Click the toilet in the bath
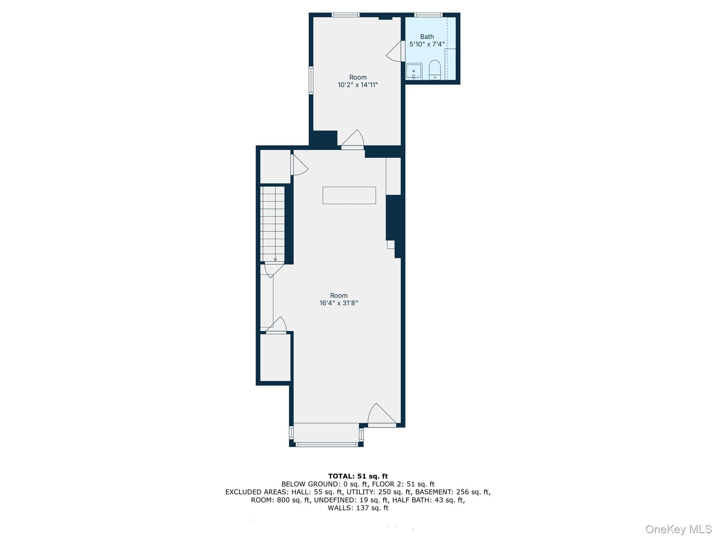coord(435,70)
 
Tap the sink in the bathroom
coord(414,71)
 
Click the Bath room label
coord(427,37)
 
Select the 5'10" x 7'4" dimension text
coord(427,44)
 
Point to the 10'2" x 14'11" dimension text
coord(358,85)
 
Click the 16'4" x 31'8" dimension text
coord(338,303)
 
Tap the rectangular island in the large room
coord(349,195)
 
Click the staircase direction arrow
coord(275,259)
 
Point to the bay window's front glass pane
coord(327,445)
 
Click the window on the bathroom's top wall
coord(428,15)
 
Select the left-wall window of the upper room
coord(311,80)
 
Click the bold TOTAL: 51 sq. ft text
coord(358,476)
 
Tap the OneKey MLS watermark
coord(678,529)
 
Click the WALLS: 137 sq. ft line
coord(358,508)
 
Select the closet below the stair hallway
coord(275,357)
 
